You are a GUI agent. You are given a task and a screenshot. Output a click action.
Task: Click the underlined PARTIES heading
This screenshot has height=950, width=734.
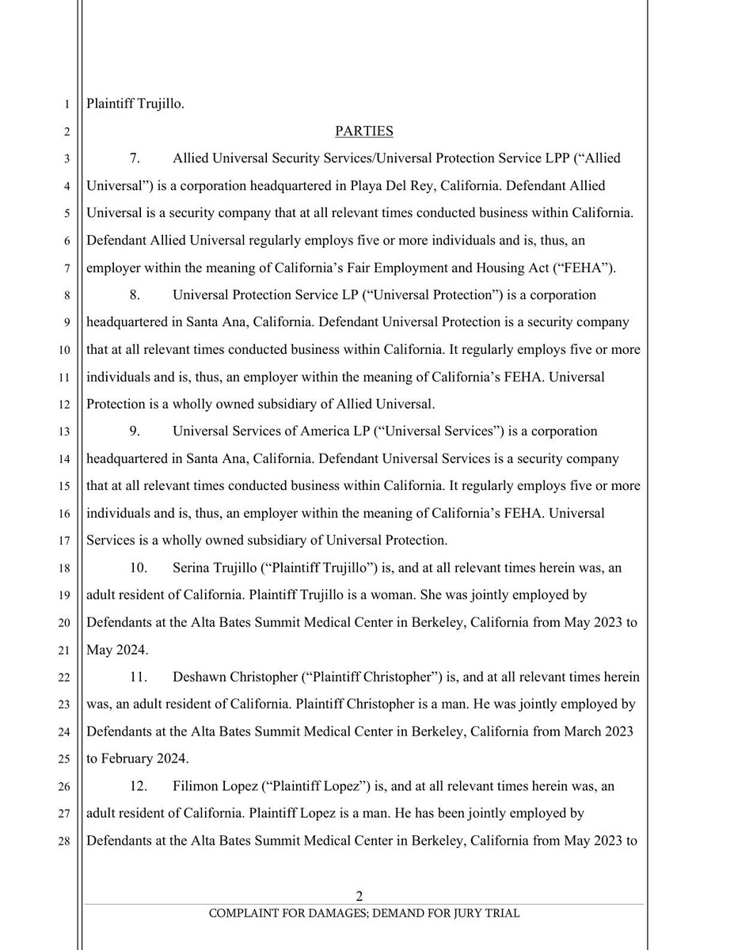364,130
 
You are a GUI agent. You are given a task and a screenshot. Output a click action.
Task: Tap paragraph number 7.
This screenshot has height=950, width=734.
135,158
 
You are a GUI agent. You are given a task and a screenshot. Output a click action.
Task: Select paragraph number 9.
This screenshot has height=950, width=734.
135,431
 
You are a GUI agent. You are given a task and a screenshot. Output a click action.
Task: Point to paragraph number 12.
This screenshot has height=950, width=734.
137,786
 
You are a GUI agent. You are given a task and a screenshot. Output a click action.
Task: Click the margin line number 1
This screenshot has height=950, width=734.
67,103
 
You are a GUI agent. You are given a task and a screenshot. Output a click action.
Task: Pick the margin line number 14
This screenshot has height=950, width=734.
65,459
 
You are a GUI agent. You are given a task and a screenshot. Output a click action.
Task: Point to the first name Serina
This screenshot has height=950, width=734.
191,568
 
